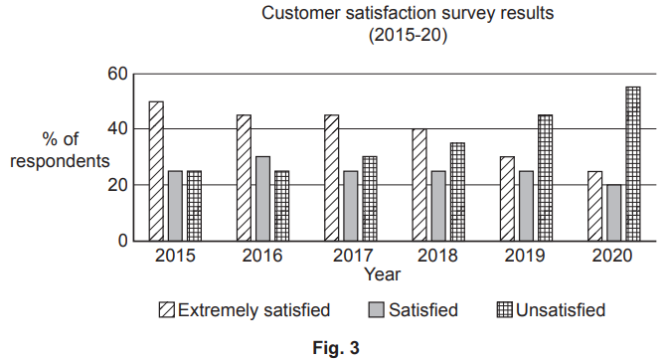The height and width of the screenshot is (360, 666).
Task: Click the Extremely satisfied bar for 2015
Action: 156,171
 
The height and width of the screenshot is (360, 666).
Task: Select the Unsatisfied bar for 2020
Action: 632,164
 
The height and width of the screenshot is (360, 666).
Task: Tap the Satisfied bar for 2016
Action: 262,199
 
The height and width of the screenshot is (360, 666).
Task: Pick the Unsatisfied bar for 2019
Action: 545,178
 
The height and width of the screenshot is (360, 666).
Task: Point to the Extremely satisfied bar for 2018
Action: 419,185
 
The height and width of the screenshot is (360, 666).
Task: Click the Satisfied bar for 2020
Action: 613,213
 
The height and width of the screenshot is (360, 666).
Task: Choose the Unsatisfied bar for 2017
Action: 369,199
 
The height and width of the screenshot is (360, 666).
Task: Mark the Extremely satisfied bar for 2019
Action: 507,199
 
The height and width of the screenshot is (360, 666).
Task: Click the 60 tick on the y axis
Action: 118,74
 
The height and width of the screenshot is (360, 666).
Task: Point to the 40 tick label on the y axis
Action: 118,129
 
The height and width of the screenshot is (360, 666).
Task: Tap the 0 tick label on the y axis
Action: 123,241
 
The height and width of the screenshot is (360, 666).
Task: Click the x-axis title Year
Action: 383,273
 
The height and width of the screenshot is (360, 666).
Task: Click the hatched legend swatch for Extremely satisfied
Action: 167,310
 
